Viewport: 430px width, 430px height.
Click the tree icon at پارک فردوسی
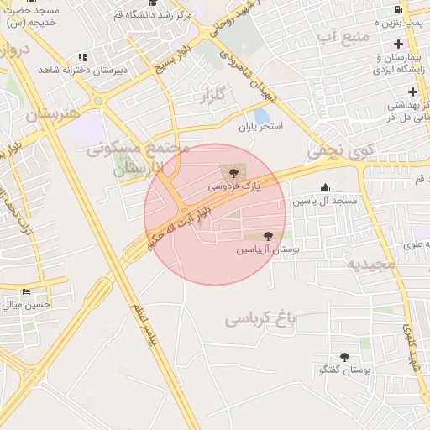click(234, 173)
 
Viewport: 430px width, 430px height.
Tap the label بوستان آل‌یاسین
click(268, 249)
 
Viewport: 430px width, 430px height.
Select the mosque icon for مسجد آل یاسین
click(325, 188)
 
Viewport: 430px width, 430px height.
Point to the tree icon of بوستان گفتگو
click(344, 357)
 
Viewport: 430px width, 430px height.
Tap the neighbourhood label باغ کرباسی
click(261, 319)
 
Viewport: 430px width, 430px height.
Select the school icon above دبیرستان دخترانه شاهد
click(82, 57)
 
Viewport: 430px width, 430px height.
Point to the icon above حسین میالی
click(25, 292)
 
